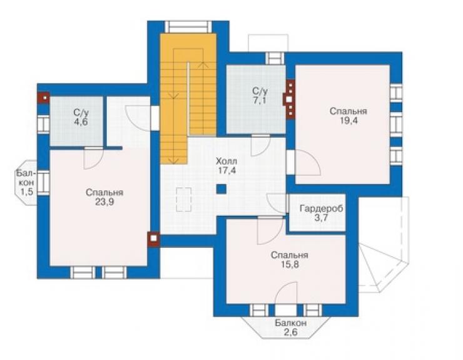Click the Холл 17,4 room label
click(226, 166)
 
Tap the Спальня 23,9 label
click(104, 197)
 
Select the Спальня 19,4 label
click(349, 116)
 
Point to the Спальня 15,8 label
click(289, 260)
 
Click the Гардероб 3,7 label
click(322, 213)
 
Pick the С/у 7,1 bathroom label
click(260, 95)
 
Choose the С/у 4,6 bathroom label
click(81, 117)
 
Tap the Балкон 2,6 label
click(290, 327)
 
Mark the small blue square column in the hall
click(221, 189)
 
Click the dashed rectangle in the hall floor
click(184, 200)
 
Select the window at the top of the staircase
click(188, 26)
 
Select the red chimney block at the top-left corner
click(43, 98)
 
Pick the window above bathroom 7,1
click(275, 58)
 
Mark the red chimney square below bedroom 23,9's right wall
click(153, 239)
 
